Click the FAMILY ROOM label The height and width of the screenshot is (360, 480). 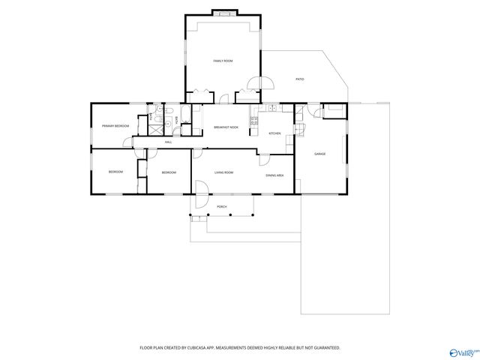click(223, 61)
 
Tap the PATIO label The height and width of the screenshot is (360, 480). click(299, 79)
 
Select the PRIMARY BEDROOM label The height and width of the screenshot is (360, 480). click(116, 125)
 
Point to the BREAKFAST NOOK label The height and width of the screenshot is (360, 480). click(226, 127)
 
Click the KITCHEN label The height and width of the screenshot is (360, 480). click(275, 133)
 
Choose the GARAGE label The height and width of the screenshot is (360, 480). click(319, 154)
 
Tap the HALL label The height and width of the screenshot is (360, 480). click(169, 142)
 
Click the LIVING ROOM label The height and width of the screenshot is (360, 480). click(223, 172)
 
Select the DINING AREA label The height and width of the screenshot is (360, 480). click(274, 175)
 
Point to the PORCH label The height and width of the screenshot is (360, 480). click(221, 205)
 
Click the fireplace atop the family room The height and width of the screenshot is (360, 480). click(223, 13)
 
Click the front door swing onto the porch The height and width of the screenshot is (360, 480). click(201, 199)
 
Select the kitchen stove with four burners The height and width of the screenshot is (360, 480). click(255, 119)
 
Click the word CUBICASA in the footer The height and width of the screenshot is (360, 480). click(196, 348)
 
